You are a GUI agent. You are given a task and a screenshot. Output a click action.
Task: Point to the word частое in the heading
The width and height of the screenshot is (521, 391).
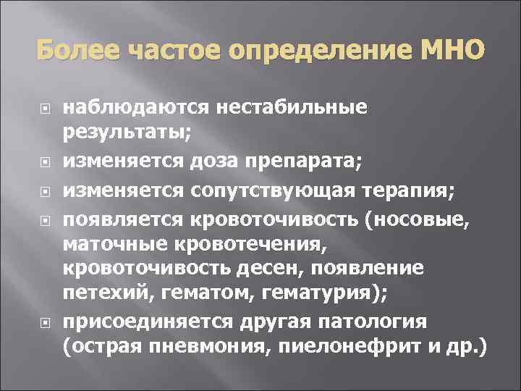(x=169, y=52)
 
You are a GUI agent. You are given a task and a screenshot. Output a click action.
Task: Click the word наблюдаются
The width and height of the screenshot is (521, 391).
(x=135, y=107)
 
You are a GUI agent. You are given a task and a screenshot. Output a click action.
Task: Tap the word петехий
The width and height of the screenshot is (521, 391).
(x=103, y=293)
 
